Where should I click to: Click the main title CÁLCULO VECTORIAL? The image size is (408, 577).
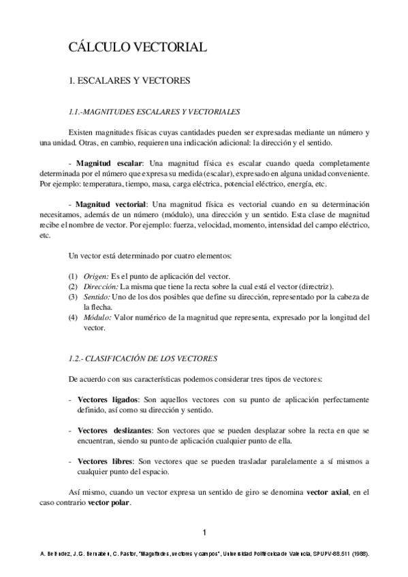[137, 47]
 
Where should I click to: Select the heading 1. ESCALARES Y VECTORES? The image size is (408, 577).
[129, 80]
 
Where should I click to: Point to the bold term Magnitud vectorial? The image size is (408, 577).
[111, 204]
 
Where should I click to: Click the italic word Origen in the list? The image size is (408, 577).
[95, 276]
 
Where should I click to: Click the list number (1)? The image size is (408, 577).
[73, 276]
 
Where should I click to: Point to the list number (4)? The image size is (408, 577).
[73, 316]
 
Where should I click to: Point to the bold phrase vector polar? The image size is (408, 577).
[108, 502]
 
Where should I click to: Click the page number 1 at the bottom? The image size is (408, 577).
[204, 531]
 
